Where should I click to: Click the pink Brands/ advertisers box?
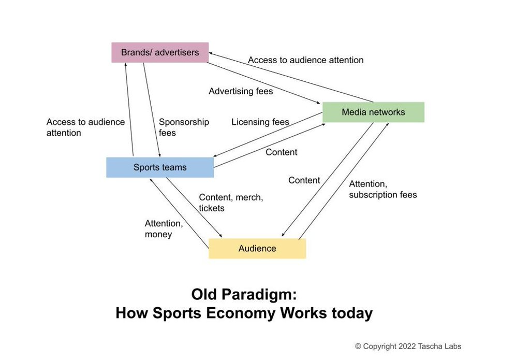tap(159, 52)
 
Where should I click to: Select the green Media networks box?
tap(373, 112)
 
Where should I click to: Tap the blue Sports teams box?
tap(159, 167)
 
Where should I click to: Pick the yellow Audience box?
tap(257, 249)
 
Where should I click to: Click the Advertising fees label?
tap(241, 91)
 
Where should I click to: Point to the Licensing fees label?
tap(260, 122)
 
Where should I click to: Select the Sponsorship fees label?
tap(184, 127)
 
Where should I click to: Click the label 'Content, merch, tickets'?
tap(231, 203)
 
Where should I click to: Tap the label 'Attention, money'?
tap(164, 229)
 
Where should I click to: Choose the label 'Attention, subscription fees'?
tap(382, 190)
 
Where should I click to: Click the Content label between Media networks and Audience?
tap(304, 180)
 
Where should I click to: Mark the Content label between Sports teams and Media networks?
tap(281, 152)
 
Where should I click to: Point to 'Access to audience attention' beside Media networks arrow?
tap(305, 60)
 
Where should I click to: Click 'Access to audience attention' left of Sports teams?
tap(85, 127)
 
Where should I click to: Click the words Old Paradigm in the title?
tap(244, 295)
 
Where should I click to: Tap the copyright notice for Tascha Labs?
tap(408, 346)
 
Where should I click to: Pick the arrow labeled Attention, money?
tap(179, 209)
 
